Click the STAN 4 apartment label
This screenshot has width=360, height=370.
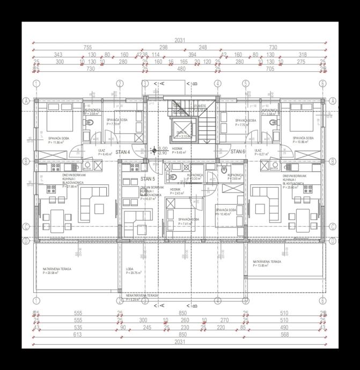pyautogui.click(x=123, y=152)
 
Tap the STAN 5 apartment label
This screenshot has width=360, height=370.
pyautogui.click(x=148, y=179)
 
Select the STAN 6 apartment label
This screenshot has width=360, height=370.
pyautogui.click(x=238, y=152)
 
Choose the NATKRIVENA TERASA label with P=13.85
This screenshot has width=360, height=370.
pyautogui.click(x=267, y=263)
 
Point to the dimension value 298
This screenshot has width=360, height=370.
pyautogui.click(x=164, y=48)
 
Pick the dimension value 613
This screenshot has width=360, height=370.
pyautogui.click(x=77, y=334)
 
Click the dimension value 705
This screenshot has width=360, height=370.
pyautogui.click(x=270, y=69)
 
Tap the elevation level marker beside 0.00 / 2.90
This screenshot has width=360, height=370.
pyautogui.click(x=155, y=151)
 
